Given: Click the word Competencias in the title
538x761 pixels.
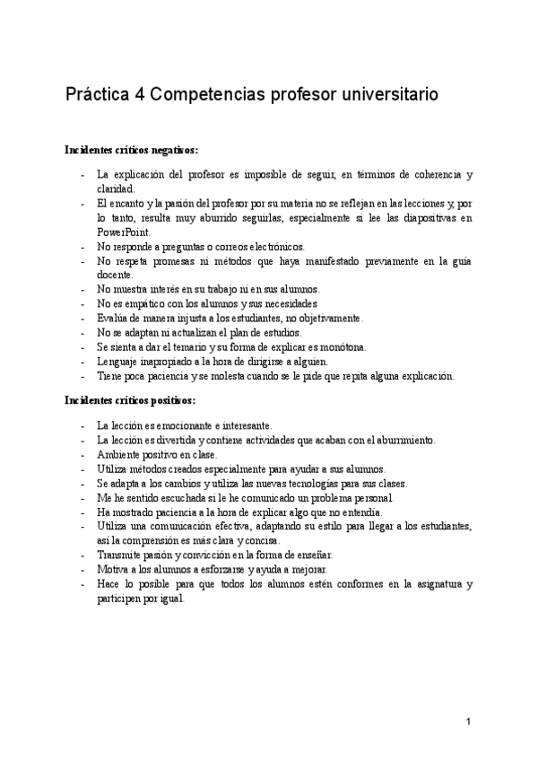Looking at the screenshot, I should coord(207,93).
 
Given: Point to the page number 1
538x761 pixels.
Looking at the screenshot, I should coord(469,722).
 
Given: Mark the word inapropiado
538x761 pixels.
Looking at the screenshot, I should coord(173,362).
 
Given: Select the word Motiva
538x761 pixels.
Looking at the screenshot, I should coord(114,570).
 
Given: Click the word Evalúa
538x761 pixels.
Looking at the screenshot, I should coord(116,319).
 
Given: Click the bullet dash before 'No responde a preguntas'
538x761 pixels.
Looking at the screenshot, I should coord(82,247).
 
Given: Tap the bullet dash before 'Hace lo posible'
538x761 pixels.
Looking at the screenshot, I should coord(82,584).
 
